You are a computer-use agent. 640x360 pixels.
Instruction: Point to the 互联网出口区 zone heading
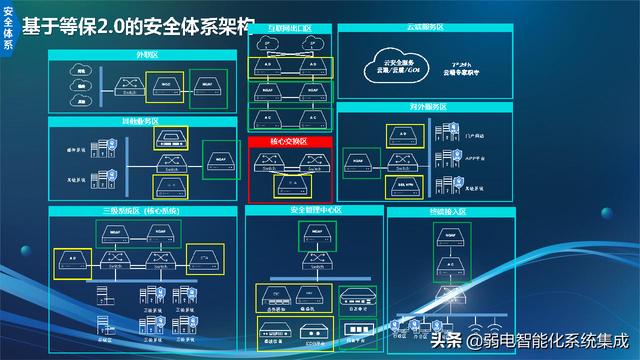coord(289,30)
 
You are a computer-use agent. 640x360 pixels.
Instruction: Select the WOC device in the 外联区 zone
coord(167,85)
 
